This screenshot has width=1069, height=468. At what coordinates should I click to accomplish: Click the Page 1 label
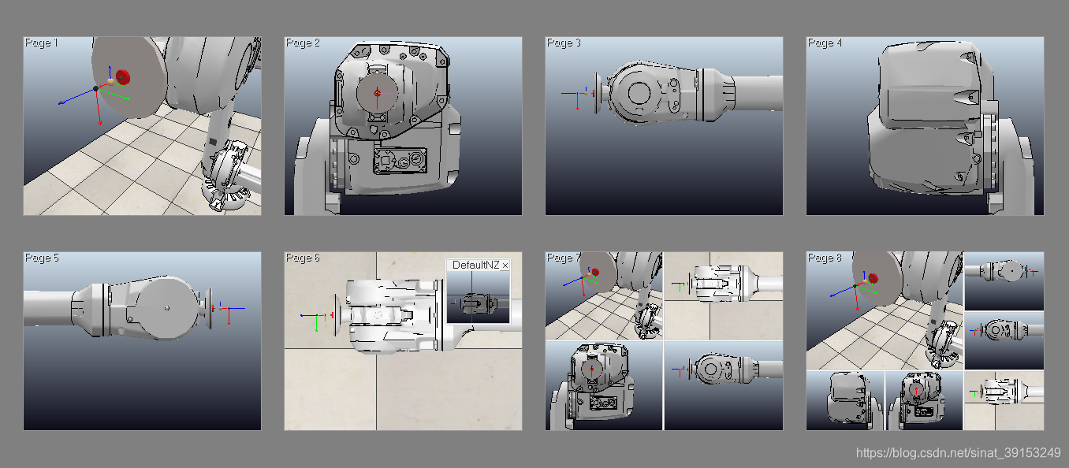tap(41, 43)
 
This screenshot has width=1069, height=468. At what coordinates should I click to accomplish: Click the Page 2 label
tap(303, 43)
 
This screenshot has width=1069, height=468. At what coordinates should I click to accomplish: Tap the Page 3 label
tap(564, 43)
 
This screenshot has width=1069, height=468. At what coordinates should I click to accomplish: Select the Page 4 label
tap(825, 43)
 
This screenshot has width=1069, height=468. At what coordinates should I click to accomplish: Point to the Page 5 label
tap(42, 258)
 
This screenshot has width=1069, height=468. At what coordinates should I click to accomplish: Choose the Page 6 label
tap(303, 258)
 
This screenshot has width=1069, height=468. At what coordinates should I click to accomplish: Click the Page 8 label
tap(825, 258)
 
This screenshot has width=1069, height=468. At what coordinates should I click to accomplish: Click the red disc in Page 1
tap(123, 77)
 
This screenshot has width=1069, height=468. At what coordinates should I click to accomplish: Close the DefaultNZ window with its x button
tap(505, 266)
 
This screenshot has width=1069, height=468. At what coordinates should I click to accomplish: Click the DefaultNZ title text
tap(475, 266)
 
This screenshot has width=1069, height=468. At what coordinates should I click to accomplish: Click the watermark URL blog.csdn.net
tap(959, 453)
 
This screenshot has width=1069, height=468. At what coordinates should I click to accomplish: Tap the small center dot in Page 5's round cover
tap(167, 308)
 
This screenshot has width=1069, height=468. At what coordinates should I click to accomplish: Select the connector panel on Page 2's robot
tap(400, 160)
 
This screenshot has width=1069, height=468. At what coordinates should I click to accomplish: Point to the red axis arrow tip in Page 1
tap(100, 123)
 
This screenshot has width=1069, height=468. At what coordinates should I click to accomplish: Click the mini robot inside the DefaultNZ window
tap(477, 303)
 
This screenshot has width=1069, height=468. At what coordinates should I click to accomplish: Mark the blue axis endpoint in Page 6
tap(302, 315)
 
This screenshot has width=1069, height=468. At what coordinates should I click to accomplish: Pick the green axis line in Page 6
tap(316, 324)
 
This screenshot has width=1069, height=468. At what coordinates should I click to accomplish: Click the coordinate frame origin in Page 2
tap(377, 93)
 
